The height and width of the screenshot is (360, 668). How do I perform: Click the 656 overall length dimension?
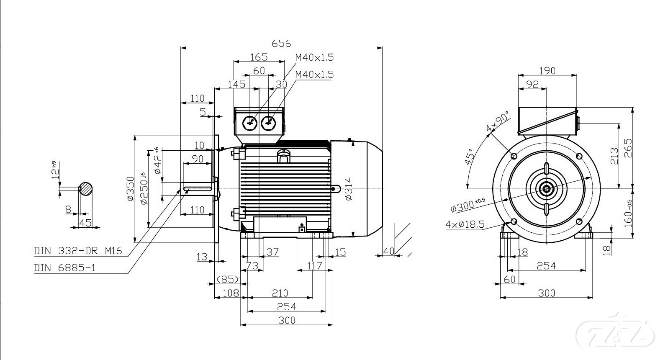(x=281, y=43)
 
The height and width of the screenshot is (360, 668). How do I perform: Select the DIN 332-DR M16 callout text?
(x=78, y=251)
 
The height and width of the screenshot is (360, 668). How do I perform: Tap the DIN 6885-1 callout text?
(x=65, y=267)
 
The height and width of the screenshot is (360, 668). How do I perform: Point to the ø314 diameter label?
(x=349, y=189)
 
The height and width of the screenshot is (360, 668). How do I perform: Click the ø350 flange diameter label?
(x=130, y=189)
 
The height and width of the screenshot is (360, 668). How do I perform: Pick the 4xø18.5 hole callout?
(x=465, y=224)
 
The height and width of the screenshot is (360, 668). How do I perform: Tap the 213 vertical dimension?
(x=614, y=156)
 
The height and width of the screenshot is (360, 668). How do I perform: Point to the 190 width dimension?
(x=547, y=70)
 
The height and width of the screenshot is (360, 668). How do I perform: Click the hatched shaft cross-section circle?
(x=86, y=189)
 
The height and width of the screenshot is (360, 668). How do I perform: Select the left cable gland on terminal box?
(x=250, y=123)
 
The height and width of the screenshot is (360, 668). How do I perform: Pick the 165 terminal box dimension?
(x=259, y=57)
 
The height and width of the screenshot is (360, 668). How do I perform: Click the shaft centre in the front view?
(x=547, y=189)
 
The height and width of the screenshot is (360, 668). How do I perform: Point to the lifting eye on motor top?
(x=284, y=156)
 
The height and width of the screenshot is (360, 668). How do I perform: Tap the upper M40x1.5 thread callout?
(x=314, y=57)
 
